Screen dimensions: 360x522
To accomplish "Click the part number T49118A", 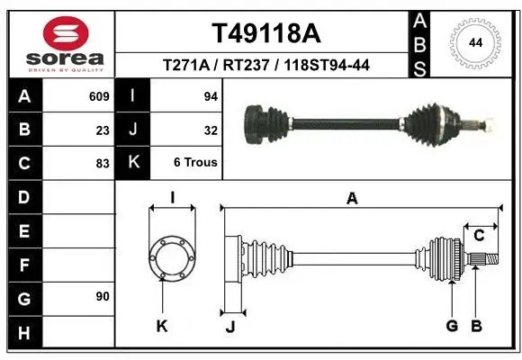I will [x=265, y=34].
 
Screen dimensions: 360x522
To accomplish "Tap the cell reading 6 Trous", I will [x=195, y=163].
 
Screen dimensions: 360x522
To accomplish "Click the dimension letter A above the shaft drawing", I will [x=353, y=199].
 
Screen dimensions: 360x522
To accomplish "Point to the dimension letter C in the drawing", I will [x=479, y=236].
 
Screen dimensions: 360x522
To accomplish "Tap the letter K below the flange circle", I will [x=162, y=326].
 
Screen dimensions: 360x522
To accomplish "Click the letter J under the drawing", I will [x=230, y=326].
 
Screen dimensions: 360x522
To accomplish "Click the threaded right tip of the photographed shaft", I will [x=488, y=123].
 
